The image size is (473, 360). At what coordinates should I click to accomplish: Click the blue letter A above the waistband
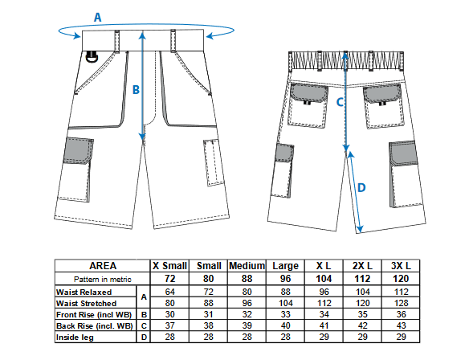(x=97, y=17)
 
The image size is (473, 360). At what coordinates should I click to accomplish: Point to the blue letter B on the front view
(x=136, y=90)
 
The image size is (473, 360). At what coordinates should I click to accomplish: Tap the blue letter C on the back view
(x=340, y=102)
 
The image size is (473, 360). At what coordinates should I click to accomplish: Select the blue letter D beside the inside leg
(x=361, y=188)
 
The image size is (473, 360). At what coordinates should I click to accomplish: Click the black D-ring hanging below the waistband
(x=92, y=57)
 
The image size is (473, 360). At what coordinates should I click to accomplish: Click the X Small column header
(x=169, y=266)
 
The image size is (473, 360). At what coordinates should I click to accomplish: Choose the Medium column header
(x=247, y=266)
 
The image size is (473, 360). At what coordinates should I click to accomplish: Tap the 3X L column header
(x=401, y=266)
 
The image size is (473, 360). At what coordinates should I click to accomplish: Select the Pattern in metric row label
(x=103, y=279)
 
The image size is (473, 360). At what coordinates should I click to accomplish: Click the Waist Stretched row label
(x=86, y=303)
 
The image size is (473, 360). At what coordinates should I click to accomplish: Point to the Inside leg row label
(x=75, y=337)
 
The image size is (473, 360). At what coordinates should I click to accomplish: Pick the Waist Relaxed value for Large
(x=285, y=292)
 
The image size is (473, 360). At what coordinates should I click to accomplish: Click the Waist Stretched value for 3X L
(x=401, y=303)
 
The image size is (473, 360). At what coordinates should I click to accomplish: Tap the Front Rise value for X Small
(x=169, y=314)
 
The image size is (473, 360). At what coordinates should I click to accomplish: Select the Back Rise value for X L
(x=324, y=325)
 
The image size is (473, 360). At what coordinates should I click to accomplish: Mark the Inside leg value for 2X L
(x=363, y=337)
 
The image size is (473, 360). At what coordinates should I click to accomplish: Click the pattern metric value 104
(x=324, y=279)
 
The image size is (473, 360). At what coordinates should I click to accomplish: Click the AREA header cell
(x=103, y=266)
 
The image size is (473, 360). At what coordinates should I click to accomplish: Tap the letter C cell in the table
(x=144, y=326)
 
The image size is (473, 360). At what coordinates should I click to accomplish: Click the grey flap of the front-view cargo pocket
(x=79, y=150)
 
